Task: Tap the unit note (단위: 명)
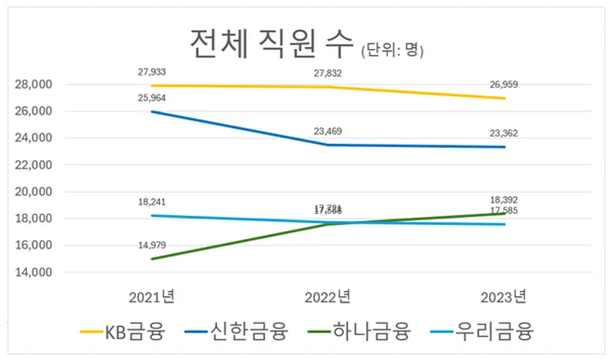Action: tap(392, 50)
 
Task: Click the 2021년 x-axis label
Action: tap(150, 296)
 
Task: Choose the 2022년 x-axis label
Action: tap(327, 296)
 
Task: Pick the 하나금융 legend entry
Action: tap(359, 332)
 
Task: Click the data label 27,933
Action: tap(151, 71)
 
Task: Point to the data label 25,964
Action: tap(151, 98)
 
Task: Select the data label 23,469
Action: tap(327, 131)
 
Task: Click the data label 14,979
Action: tap(151, 245)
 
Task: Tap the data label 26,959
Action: tap(504, 84)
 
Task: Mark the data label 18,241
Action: tap(151, 201)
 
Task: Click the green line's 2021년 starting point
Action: tap(151, 259)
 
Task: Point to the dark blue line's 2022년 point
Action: tap(327, 144)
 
